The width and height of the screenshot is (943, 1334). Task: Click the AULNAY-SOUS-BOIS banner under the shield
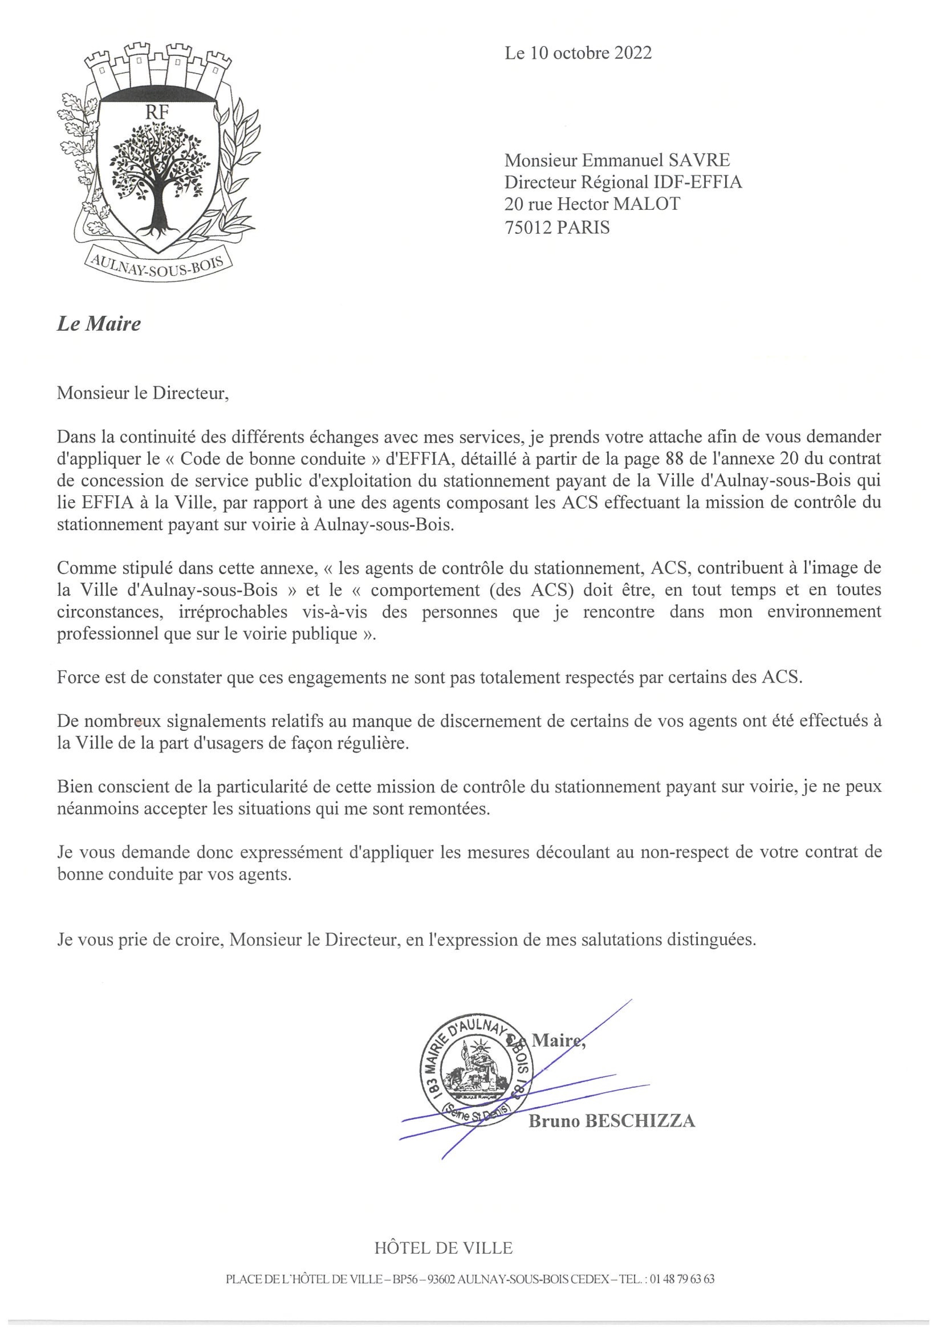158,262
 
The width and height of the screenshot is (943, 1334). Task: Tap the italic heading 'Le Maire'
99,324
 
